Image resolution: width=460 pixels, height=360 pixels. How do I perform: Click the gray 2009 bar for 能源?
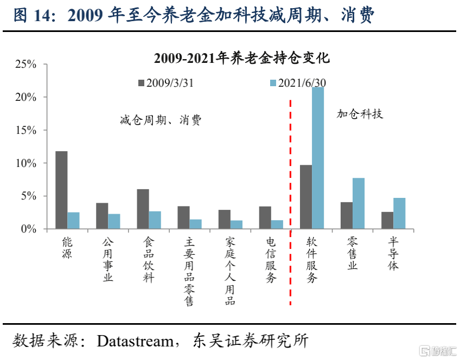point(61,190)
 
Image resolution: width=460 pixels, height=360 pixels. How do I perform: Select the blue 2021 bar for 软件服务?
point(318,158)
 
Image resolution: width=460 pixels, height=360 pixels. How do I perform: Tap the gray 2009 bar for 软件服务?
point(306,197)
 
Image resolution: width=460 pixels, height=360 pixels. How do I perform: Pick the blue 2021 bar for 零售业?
point(359,203)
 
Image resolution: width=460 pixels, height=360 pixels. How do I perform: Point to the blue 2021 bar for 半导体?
point(399,214)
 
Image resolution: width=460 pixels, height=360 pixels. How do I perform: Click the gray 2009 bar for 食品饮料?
point(143,209)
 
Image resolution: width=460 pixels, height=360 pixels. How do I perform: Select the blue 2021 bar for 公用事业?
point(114,221)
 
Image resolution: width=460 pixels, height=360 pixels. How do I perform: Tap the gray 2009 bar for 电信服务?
point(265,217)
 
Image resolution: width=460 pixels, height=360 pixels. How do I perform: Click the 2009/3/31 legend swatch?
point(142,83)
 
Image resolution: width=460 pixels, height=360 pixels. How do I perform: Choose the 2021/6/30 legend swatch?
point(273,83)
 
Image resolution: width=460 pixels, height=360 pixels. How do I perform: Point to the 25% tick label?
point(26,64)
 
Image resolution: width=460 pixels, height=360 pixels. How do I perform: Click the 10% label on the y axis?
point(26,163)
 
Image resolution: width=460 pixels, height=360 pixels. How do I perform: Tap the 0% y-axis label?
point(29,229)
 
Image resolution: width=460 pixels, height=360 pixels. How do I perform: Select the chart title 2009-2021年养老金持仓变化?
point(242,58)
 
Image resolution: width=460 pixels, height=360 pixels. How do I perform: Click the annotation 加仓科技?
point(360,114)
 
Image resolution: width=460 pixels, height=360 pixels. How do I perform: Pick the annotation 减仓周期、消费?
point(161,120)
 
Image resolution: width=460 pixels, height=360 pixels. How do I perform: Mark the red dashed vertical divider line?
point(290,202)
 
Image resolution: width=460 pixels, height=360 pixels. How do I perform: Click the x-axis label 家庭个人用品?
point(231,271)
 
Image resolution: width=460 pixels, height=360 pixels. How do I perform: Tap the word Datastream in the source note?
point(135,341)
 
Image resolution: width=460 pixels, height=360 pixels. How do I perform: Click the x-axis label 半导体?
point(393,254)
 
